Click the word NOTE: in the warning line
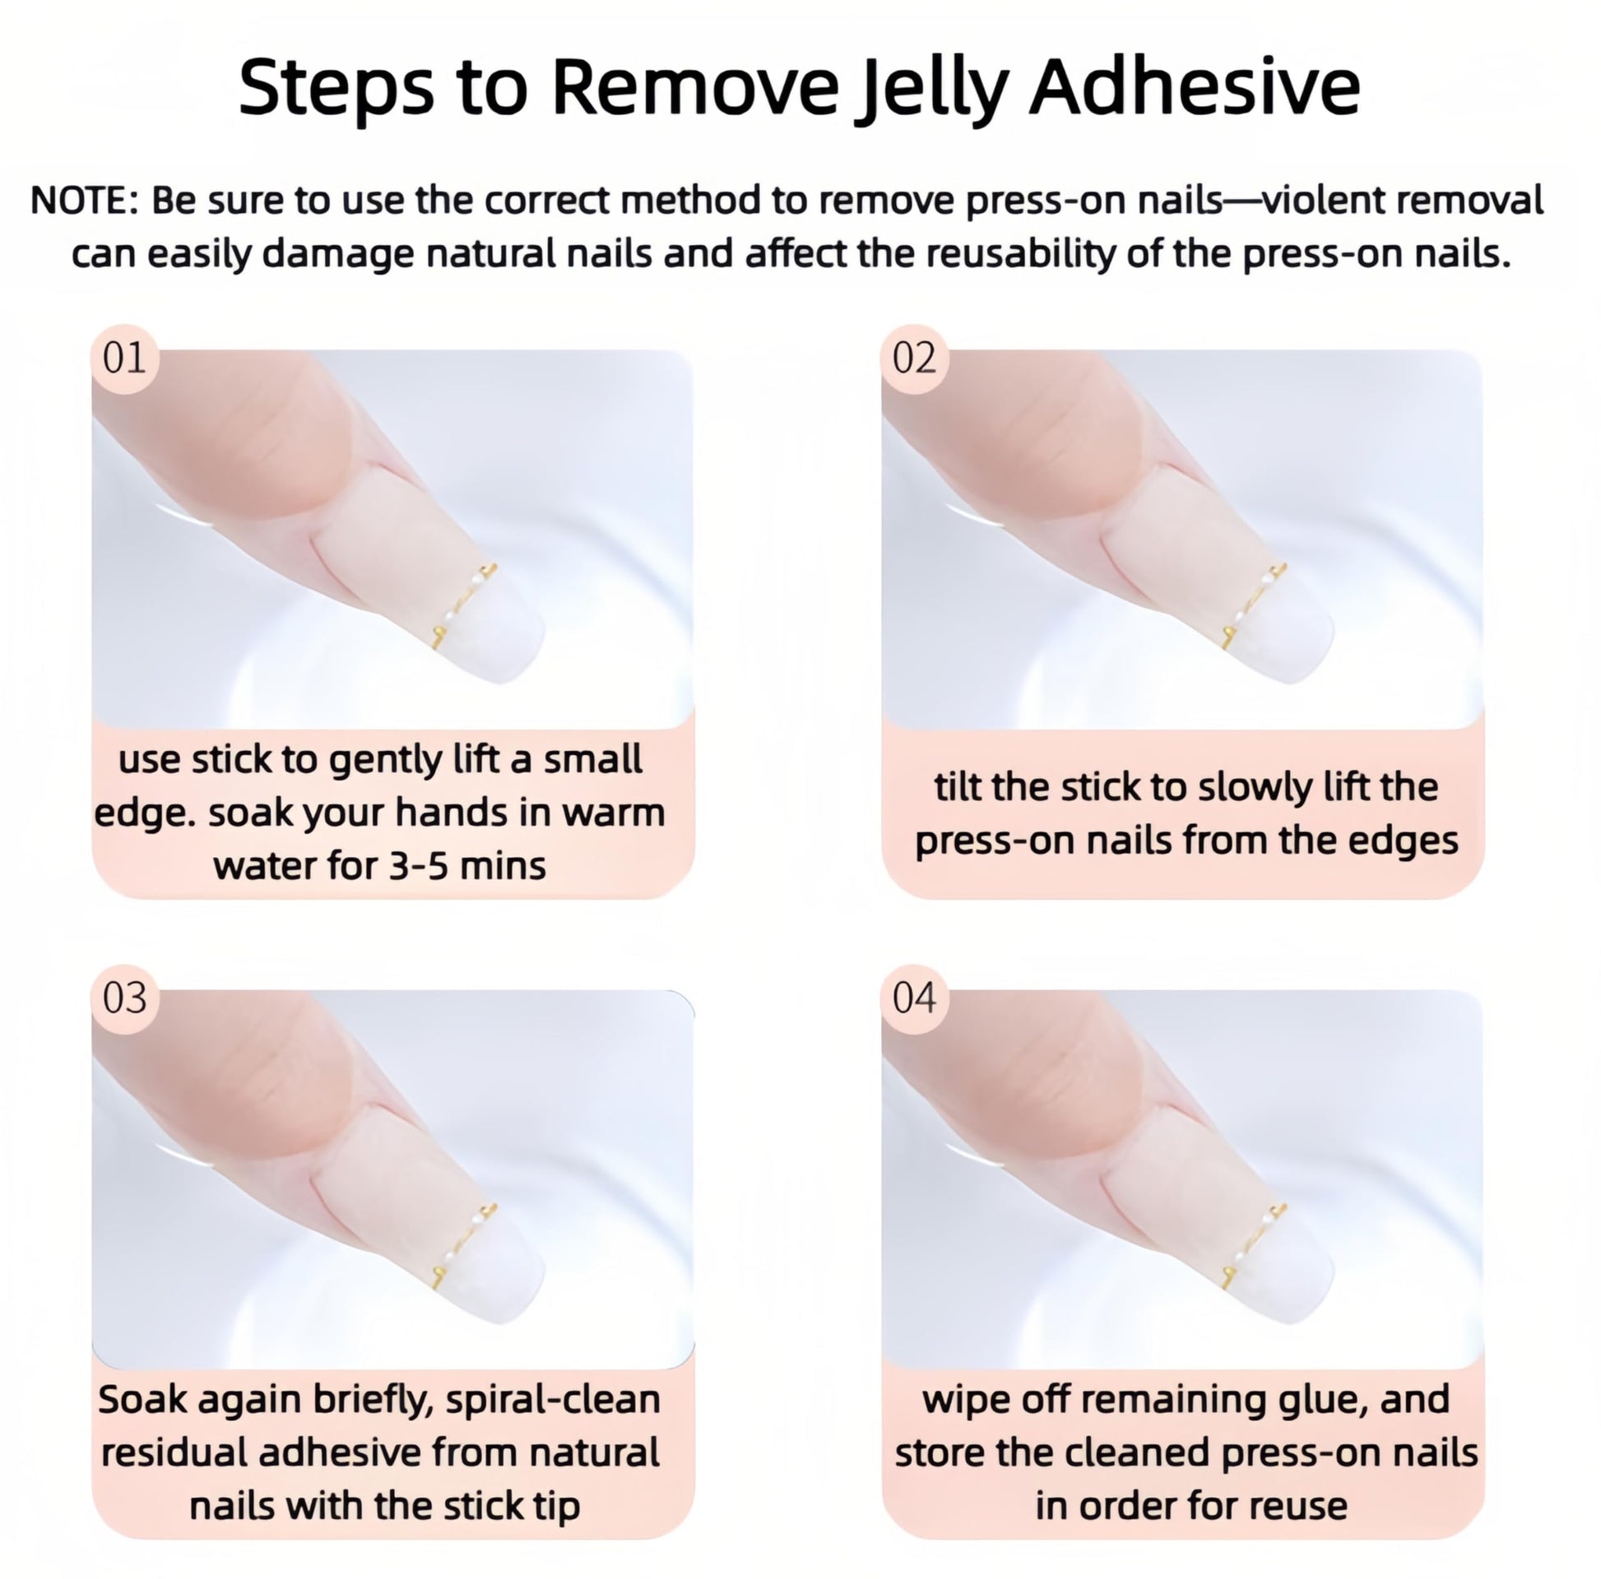click(x=85, y=201)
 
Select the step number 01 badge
click(x=124, y=358)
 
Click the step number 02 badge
click(x=915, y=358)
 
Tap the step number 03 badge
click(x=124, y=998)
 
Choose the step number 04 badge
click(x=915, y=998)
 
